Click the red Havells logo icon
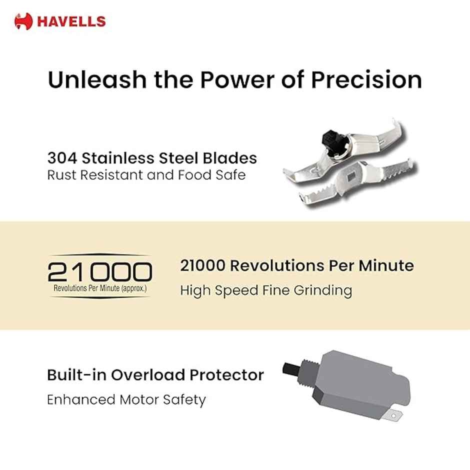pyautogui.click(x=23, y=21)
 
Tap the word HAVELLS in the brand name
pyautogui.click(x=70, y=21)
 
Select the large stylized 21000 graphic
pyautogui.click(x=100, y=272)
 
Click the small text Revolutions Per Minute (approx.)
pyautogui.click(x=100, y=289)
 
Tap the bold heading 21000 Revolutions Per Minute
pyautogui.click(x=297, y=265)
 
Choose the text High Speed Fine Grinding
pyautogui.click(x=266, y=290)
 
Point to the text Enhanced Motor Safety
pyautogui.click(x=126, y=400)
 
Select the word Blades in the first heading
pyautogui.click(x=232, y=158)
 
